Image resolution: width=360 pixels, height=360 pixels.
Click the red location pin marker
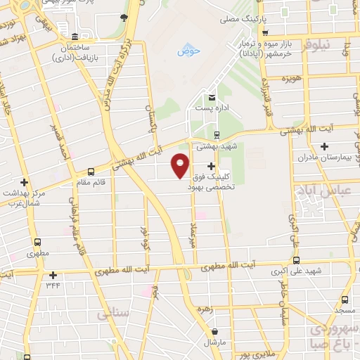[x=181, y=165]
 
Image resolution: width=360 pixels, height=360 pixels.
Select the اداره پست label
[x=212, y=110]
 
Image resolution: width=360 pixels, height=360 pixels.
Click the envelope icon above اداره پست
[x=212, y=98]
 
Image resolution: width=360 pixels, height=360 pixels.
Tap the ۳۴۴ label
[x=53, y=285]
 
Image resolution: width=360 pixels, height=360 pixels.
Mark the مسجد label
[x=345, y=310]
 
